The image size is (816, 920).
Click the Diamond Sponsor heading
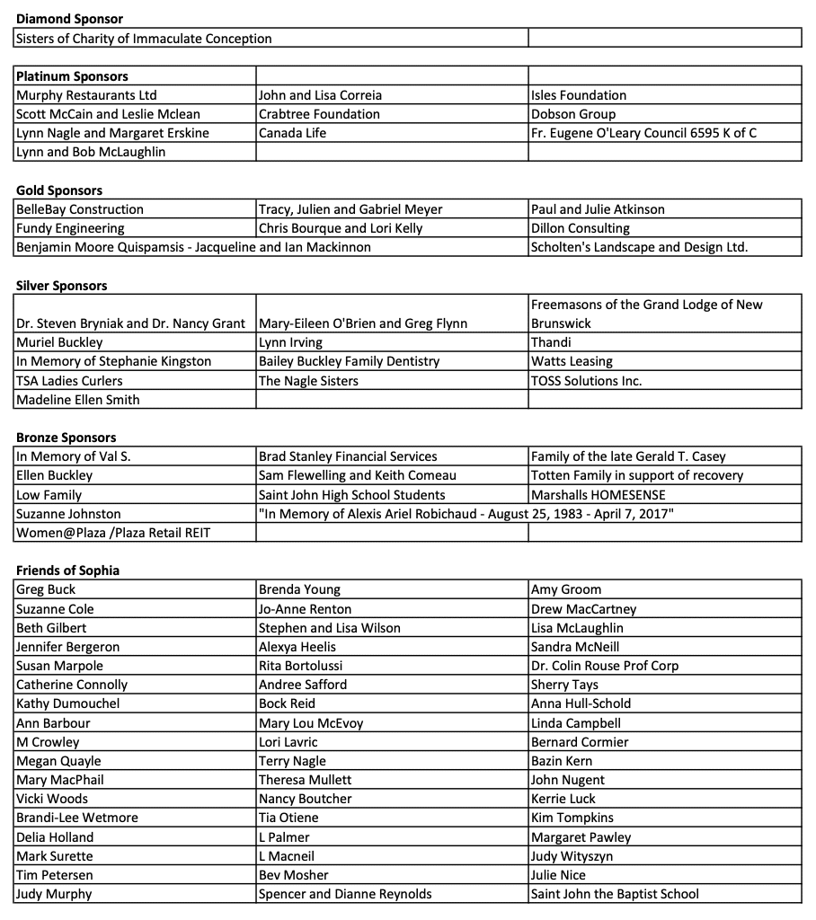point(69,19)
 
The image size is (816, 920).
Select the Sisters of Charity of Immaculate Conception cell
point(144,39)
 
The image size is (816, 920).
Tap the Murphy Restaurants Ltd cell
point(86,95)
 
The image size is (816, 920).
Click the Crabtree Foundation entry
point(319,114)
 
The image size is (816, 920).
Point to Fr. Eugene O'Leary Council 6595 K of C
point(643,133)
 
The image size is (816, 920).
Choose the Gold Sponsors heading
point(59,190)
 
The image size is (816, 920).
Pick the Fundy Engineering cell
point(70,228)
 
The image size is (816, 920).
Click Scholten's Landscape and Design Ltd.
point(639,247)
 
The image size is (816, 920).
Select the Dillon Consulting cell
point(581,228)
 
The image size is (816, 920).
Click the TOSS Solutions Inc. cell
point(586,381)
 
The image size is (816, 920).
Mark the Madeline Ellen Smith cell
point(78,400)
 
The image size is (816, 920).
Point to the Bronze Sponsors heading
point(67,438)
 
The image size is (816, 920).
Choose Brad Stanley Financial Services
point(348,456)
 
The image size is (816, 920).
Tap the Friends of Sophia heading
point(67,571)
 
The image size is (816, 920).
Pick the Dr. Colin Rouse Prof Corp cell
point(605,666)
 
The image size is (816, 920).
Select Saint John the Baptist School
point(615,894)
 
